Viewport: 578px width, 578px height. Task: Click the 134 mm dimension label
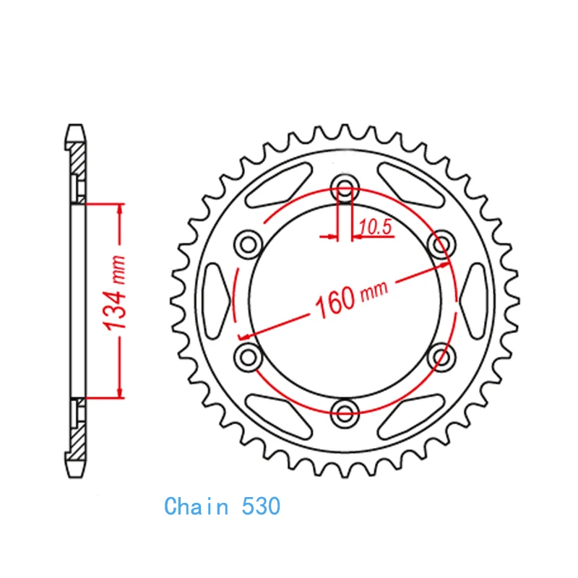pyautogui.click(x=115, y=293)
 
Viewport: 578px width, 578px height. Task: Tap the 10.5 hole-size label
pyautogui.click(x=375, y=227)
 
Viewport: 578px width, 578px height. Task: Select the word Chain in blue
pyautogui.click(x=196, y=506)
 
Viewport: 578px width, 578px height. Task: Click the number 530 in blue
pyautogui.click(x=261, y=506)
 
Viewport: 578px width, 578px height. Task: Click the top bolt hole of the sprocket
pyautogui.click(x=345, y=189)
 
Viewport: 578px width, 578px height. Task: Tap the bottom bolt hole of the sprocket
pyautogui.click(x=345, y=413)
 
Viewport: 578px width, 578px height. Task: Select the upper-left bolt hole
pyautogui.click(x=248, y=244)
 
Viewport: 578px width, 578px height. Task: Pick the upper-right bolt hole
pyautogui.click(x=441, y=244)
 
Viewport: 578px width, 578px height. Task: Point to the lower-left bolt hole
pyautogui.click(x=248, y=357)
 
